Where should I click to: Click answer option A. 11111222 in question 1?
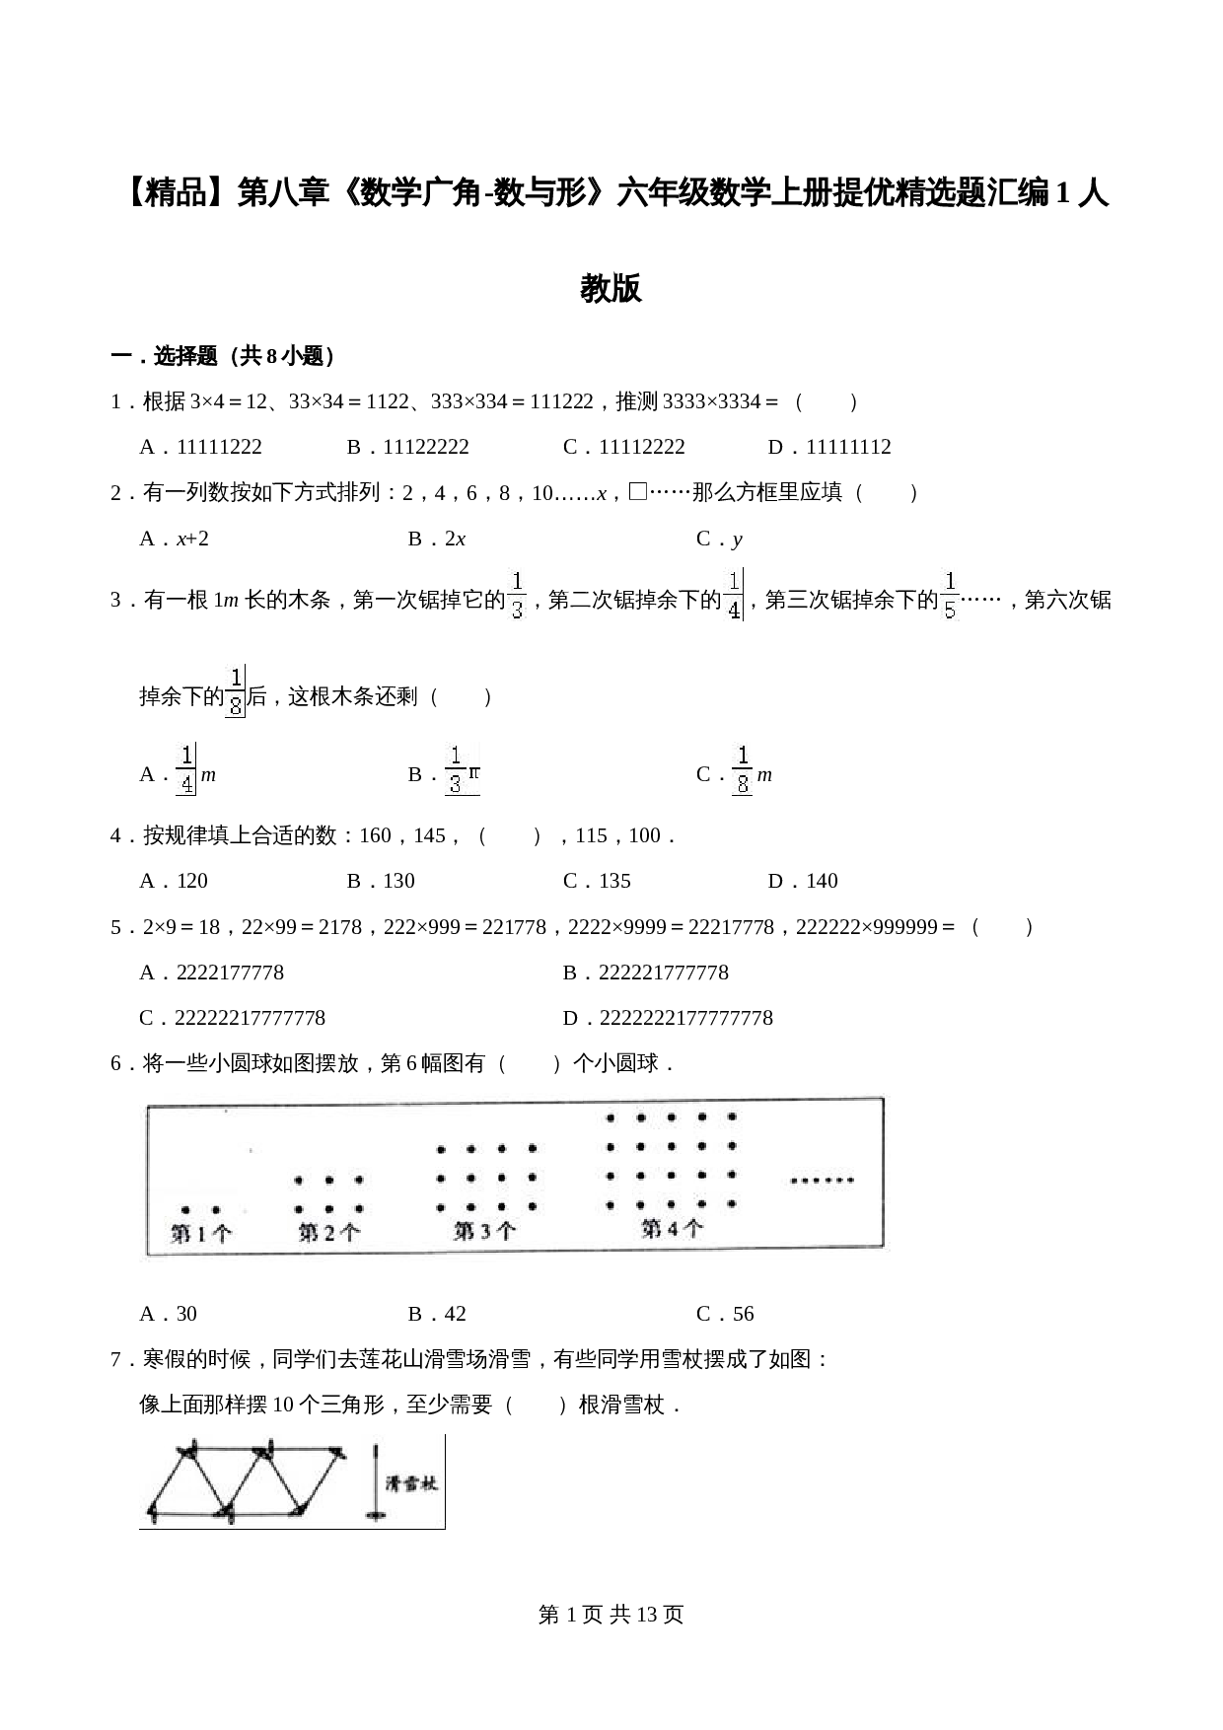click(201, 447)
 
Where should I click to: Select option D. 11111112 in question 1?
click(829, 447)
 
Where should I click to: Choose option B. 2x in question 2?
click(437, 539)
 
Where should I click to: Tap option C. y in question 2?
click(719, 539)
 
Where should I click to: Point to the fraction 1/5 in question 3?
click(950, 596)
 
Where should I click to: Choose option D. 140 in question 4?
click(803, 881)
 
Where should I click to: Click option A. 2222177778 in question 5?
click(212, 973)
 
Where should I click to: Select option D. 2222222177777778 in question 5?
click(668, 1018)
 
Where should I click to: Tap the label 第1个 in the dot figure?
click(201, 1233)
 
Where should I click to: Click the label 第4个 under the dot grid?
click(672, 1228)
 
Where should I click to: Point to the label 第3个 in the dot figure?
click(484, 1231)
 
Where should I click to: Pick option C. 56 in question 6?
click(725, 1314)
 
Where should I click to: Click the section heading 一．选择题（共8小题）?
click(223, 356)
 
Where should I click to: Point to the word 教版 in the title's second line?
click(611, 289)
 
